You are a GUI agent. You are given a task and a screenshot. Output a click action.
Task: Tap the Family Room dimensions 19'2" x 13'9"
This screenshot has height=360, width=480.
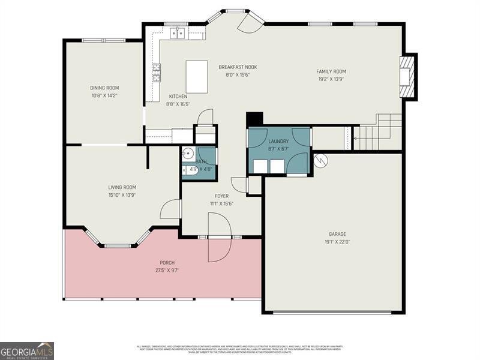point(331,79)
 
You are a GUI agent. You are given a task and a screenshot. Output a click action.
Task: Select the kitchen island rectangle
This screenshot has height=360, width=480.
point(197,76)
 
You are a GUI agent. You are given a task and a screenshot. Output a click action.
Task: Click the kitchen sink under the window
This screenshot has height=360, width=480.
point(177,34)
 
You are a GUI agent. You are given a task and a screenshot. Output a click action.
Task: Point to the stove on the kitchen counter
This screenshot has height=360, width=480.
point(157,73)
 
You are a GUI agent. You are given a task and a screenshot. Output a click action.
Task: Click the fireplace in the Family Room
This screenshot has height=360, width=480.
point(407,76)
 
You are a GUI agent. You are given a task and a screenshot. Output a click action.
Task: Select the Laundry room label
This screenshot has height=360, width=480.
point(278,141)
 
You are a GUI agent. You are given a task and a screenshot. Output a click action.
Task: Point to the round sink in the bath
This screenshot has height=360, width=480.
point(187,154)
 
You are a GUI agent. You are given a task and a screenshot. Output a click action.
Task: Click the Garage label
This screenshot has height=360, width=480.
point(337,234)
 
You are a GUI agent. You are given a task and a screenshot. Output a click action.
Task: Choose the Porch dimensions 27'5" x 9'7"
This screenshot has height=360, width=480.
point(167,270)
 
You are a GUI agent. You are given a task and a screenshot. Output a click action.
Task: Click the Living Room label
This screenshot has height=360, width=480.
point(122,187)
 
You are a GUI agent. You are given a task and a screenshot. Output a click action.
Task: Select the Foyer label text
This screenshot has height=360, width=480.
point(221,196)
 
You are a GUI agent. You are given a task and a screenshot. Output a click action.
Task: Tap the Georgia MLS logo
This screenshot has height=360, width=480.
point(27,350)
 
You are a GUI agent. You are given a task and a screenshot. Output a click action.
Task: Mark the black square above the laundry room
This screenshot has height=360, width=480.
point(255,119)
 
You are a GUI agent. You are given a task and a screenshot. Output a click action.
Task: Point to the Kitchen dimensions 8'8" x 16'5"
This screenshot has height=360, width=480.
point(178,104)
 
